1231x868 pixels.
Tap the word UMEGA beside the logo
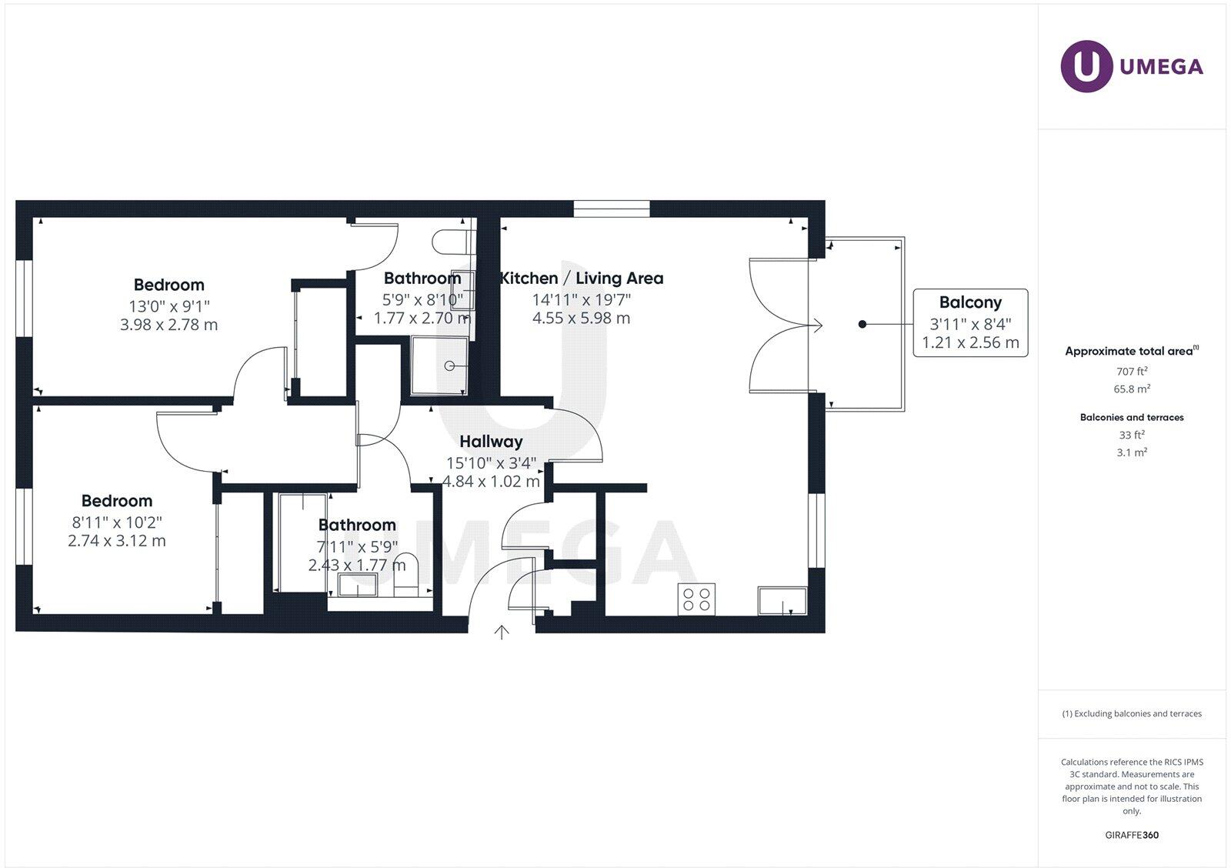pyautogui.click(x=1161, y=67)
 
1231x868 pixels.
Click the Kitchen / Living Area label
pyautogui.click(x=582, y=279)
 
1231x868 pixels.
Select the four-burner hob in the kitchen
pyautogui.click(x=696, y=599)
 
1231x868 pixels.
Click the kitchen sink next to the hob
pyautogui.click(x=782, y=600)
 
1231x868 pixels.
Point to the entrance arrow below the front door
pyautogui.click(x=502, y=633)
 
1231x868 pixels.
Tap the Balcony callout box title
pyautogui.click(x=970, y=302)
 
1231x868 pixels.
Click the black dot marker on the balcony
pyautogui.click(x=862, y=324)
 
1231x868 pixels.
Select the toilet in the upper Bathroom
pyautogui.click(x=450, y=242)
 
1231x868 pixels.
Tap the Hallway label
pyautogui.click(x=491, y=442)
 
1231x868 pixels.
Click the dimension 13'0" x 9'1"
pyautogui.click(x=169, y=305)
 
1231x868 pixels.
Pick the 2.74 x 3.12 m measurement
pyautogui.click(x=117, y=541)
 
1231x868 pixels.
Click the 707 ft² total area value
pyautogui.click(x=1132, y=371)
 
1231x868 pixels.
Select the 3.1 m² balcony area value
pyautogui.click(x=1132, y=452)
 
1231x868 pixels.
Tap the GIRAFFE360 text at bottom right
pyautogui.click(x=1132, y=835)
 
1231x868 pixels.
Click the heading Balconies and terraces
pyautogui.click(x=1132, y=417)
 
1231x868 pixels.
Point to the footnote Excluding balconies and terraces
pyautogui.click(x=1132, y=713)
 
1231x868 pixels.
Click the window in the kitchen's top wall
pyautogui.click(x=612, y=209)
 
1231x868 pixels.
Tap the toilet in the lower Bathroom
pyautogui.click(x=405, y=576)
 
